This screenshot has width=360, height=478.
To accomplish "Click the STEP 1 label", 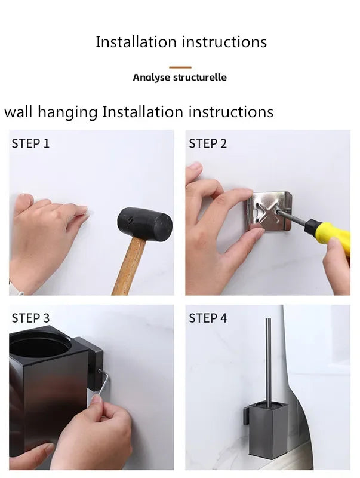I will point(30,143).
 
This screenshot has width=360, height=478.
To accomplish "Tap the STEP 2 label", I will point(208,143).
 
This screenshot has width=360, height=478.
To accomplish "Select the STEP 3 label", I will point(30,318).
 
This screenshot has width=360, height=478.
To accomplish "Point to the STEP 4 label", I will point(208,318).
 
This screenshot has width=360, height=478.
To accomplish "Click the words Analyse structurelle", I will point(180,78).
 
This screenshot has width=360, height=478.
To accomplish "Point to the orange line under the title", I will point(180,68).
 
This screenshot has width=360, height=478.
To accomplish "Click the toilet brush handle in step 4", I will point(268,358).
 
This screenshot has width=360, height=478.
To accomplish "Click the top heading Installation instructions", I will point(181,42).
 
